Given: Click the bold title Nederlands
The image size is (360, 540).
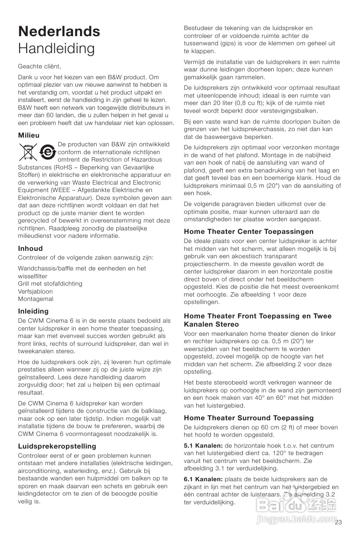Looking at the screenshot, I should pos(59,31).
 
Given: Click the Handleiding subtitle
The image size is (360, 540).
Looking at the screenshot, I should pos(56,48).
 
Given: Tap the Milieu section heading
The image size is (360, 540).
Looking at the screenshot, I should pos(29,135).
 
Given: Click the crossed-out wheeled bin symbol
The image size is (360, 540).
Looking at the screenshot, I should pos(28,152).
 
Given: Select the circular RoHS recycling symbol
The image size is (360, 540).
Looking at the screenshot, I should pos(47,152).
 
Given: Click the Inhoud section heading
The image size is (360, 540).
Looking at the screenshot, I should pos(30,248).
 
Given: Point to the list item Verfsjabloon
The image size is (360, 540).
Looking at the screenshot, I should pos(35,291).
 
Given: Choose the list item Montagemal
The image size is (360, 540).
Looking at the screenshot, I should pos(36,299).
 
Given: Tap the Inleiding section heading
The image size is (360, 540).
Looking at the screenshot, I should pos(33,311).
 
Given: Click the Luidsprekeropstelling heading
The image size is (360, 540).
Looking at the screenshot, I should pos(57,446).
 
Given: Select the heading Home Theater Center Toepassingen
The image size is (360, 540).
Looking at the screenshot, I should pos(249,231).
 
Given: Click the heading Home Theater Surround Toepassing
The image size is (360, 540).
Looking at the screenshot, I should pos(249,418).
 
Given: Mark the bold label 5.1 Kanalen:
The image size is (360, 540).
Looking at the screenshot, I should pos(204,445).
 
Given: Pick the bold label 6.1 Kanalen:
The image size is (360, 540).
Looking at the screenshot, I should pos(204,479).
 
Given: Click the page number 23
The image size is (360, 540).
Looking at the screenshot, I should pos(339,522).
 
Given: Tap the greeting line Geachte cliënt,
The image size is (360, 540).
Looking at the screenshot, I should pos(40,66).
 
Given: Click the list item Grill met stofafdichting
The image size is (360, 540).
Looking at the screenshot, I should pos(50,283).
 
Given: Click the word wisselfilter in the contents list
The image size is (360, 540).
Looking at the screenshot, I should pos(33,276).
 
